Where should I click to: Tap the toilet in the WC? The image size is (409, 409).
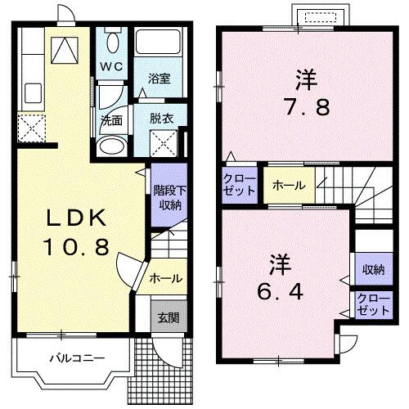coord(113,41)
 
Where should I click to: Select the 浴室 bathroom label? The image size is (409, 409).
coord(159,79)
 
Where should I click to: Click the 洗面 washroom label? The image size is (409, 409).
coord(111,119)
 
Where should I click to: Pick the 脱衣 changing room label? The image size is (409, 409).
coord(161,117)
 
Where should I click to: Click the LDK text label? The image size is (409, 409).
coord(74,218)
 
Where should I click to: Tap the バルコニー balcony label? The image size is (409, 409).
coord(75,358)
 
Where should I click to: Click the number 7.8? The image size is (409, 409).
coord(307,106)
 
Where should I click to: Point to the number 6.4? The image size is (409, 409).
coord(281,291)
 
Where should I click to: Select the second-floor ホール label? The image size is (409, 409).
coord(290,186)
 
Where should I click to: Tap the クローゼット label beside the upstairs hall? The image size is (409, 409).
coord(240,185)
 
